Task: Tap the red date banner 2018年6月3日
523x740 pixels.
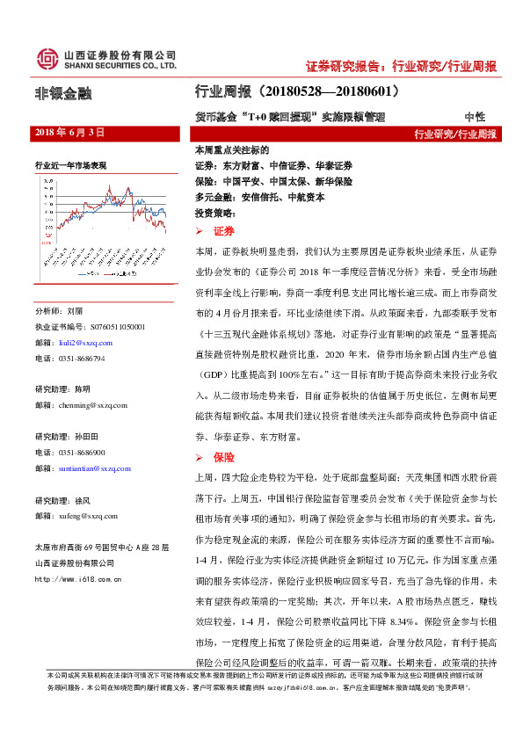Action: pyautogui.click(x=69, y=132)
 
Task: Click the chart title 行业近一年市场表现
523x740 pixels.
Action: pyautogui.click(x=71, y=164)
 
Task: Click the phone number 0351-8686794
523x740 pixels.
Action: pyautogui.click(x=84, y=359)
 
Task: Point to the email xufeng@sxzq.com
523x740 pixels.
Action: pyautogui.click(x=86, y=516)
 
